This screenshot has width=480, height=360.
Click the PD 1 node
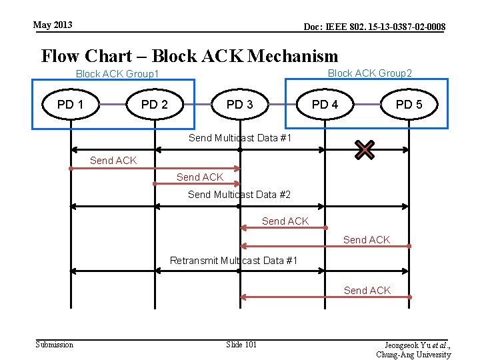pyautogui.click(x=71, y=105)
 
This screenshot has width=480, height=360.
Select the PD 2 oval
pyautogui.click(x=155, y=105)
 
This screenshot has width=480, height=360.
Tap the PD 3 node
pyautogui.click(x=240, y=105)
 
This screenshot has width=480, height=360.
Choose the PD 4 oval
pyautogui.click(x=325, y=105)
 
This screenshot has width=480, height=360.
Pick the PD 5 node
pyautogui.click(x=409, y=105)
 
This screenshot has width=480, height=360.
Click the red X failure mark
pyautogui.click(x=365, y=151)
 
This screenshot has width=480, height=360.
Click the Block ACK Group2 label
pyautogui.click(x=370, y=73)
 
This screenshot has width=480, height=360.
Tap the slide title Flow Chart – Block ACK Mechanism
pyautogui.click(x=189, y=55)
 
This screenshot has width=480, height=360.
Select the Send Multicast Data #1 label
pyautogui.click(x=240, y=138)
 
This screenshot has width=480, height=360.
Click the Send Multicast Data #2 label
pyautogui.click(x=239, y=195)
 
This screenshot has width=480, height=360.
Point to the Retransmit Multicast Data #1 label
pyautogui.click(x=233, y=260)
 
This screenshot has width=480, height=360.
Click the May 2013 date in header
pyautogui.click(x=53, y=25)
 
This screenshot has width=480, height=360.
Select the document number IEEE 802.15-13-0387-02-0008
pyautogui.click(x=375, y=27)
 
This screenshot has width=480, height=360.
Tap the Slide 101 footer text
pyautogui.click(x=241, y=344)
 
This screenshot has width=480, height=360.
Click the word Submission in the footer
pyautogui.click(x=54, y=344)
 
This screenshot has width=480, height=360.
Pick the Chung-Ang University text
pyautogui.click(x=413, y=355)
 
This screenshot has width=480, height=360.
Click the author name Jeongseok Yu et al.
pyautogui.click(x=417, y=345)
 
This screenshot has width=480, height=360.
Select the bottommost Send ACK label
pyautogui.click(x=367, y=290)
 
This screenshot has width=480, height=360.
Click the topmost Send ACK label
pyautogui.click(x=113, y=160)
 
